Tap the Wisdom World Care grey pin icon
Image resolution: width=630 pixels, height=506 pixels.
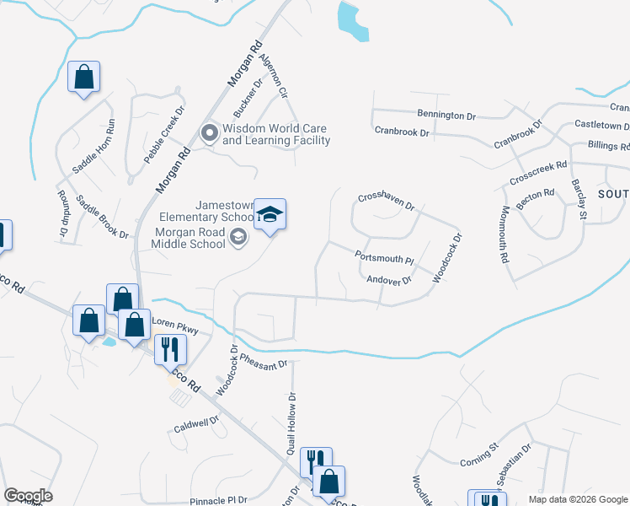point(209,132)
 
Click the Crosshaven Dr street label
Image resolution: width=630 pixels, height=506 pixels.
point(387,200)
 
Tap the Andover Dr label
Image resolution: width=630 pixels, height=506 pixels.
point(389,280)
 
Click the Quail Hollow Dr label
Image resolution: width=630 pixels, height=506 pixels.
point(291,423)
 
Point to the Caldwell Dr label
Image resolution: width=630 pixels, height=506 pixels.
point(196,422)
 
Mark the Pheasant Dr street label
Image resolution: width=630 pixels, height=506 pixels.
point(264,359)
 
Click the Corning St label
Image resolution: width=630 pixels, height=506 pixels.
point(480,459)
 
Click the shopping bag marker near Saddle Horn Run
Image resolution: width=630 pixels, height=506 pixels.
point(84,78)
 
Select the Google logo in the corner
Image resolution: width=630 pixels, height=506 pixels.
point(28,496)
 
